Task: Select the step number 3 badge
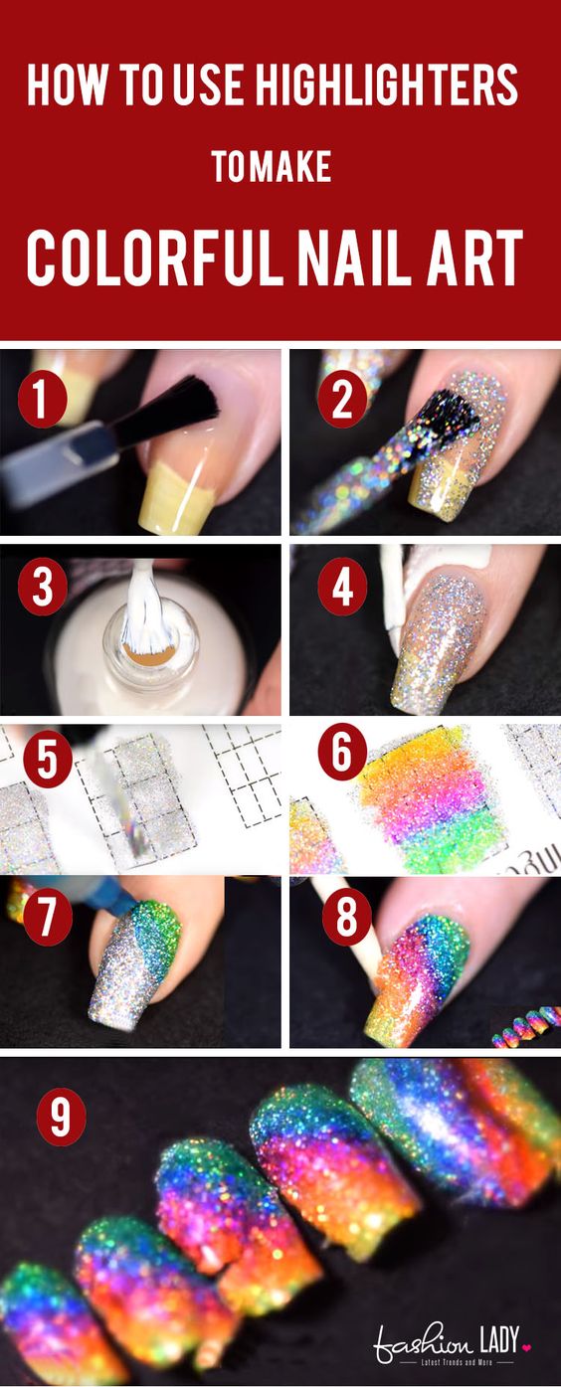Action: (x=42, y=589)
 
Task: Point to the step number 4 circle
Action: (x=342, y=589)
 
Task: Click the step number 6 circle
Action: (x=342, y=756)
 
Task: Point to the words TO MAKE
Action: (x=271, y=167)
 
